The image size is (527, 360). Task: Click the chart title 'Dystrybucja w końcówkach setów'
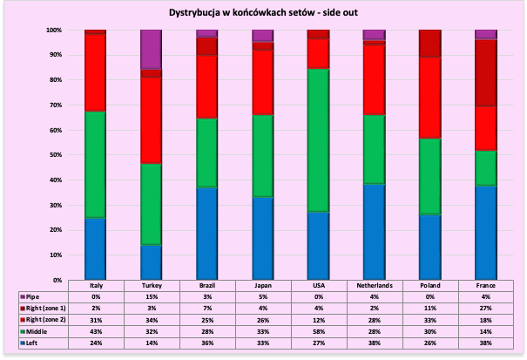point(263,13)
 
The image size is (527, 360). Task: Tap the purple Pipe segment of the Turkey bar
point(151,49)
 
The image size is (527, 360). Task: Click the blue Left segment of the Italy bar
point(95,248)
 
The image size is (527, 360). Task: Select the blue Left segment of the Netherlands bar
point(374,231)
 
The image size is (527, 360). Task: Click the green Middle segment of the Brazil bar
point(206,153)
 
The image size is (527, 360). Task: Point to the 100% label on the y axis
point(54,30)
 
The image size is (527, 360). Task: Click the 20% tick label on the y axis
point(56,230)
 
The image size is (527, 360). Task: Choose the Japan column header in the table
point(262,285)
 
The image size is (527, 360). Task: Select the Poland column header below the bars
point(429,285)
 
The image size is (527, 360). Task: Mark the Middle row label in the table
point(40,332)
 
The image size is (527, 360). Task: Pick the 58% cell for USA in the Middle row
point(318,332)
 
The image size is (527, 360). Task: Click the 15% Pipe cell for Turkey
point(151,296)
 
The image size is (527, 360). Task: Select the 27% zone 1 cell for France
point(485,309)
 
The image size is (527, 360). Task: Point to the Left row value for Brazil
point(206,344)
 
